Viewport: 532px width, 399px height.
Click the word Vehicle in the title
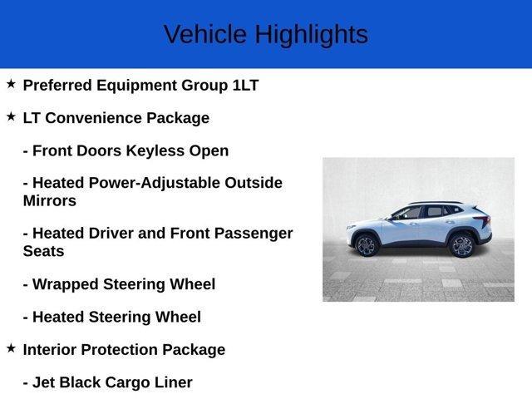[205, 35]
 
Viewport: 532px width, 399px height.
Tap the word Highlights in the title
[311, 35]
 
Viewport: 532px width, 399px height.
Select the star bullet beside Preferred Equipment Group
[11, 84]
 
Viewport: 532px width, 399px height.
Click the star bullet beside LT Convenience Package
[11, 117]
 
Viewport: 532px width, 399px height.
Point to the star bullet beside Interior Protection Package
[11, 348]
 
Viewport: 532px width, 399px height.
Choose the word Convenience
[93, 118]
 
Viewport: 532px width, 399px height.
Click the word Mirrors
[50, 201]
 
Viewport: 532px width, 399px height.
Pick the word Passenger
[248, 234]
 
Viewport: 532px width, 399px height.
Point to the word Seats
[43, 251]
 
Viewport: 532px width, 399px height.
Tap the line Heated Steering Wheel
[111, 317]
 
